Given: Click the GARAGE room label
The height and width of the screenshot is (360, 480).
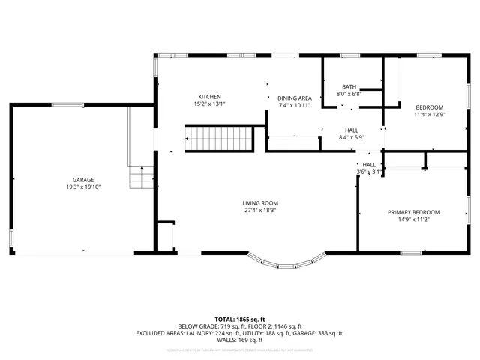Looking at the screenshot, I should pyautogui.click(x=83, y=180).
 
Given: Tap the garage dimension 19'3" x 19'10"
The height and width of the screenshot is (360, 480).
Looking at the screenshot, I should pyautogui.click(x=83, y=187).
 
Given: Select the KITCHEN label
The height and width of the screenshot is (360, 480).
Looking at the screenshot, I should pyautogui.click(x=209, y=97).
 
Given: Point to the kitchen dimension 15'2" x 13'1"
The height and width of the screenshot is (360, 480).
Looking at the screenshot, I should pyautogui.click(x=209, y=103).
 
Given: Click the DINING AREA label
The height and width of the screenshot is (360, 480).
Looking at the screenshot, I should pyautogui.click(x=295, y=98).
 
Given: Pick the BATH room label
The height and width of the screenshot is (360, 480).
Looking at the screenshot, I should pyautogui.click(x=349, y=87).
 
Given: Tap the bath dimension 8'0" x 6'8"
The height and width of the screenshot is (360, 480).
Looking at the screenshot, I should pyautogui.click(x=349, y=94).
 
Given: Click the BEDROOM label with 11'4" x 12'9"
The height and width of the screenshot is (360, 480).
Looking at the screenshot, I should pyautogui.click(x=429, y=107).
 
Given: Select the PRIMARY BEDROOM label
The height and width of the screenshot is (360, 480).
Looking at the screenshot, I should pyautogui.click(x=413, y=212).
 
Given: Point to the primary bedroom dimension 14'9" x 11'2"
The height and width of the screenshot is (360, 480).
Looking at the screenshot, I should pyautogui.click(x=413, y=220).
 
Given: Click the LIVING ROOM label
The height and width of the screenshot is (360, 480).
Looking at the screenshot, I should pyautogui.click(x=260, y=203).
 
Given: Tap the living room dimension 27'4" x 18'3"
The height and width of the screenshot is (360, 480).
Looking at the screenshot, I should pyautogui.click(x=260, y=210).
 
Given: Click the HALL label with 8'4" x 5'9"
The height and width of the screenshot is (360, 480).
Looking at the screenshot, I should pyautogui.click(x=351, y=130).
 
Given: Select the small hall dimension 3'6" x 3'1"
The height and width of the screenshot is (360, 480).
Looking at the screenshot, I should pyautogui.click(x=369, y=172).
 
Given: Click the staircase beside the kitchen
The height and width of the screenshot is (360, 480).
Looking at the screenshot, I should pyautogui.click(x=219, y=139).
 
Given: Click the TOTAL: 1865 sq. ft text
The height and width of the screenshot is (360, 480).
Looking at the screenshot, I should pyautogui.click(x=240, y=319).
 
